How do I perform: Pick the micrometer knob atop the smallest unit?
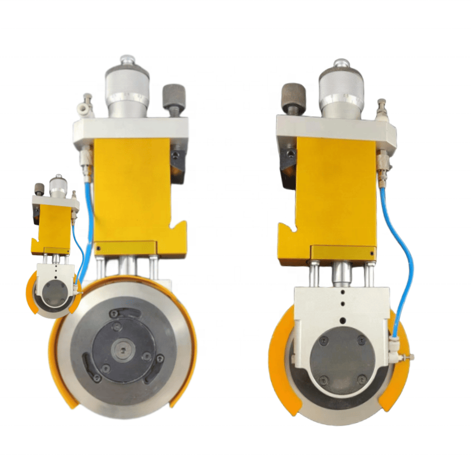click(57, 186)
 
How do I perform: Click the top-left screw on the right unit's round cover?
click(323, 340)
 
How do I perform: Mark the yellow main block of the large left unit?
click(132, 190)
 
